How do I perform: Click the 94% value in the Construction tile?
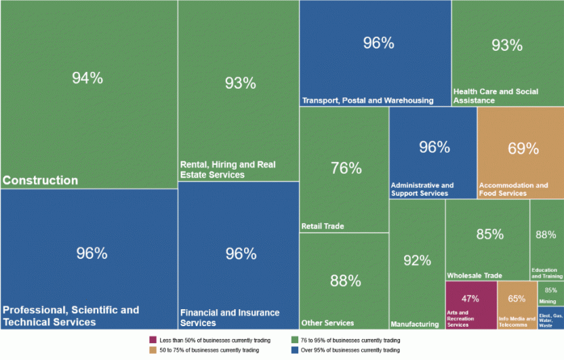(87, 78)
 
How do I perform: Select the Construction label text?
(41, 180)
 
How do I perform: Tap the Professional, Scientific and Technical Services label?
(70, 316)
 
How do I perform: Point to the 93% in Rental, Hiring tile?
(240, 83)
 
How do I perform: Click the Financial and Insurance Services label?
(229, 318)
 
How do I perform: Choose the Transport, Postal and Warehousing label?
(367, 100)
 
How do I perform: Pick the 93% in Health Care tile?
(507, 45)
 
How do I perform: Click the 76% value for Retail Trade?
(346, 168)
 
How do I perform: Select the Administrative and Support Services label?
(422, 189)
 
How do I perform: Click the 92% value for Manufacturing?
(417, 260)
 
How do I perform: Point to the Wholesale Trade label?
(475, 276)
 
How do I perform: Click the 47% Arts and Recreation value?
(470, 298)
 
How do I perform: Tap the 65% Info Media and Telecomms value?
(517, 298)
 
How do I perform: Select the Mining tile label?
(548, 302)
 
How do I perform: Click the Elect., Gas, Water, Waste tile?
(550, 319)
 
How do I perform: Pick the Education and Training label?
(546, 273)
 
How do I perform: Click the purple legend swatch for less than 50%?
(153, 340)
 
